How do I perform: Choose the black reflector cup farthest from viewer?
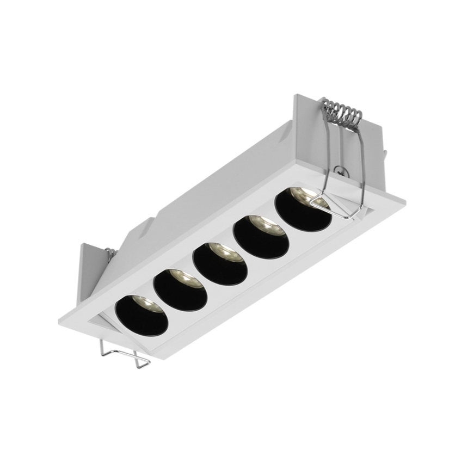click(x=303, y=208)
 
